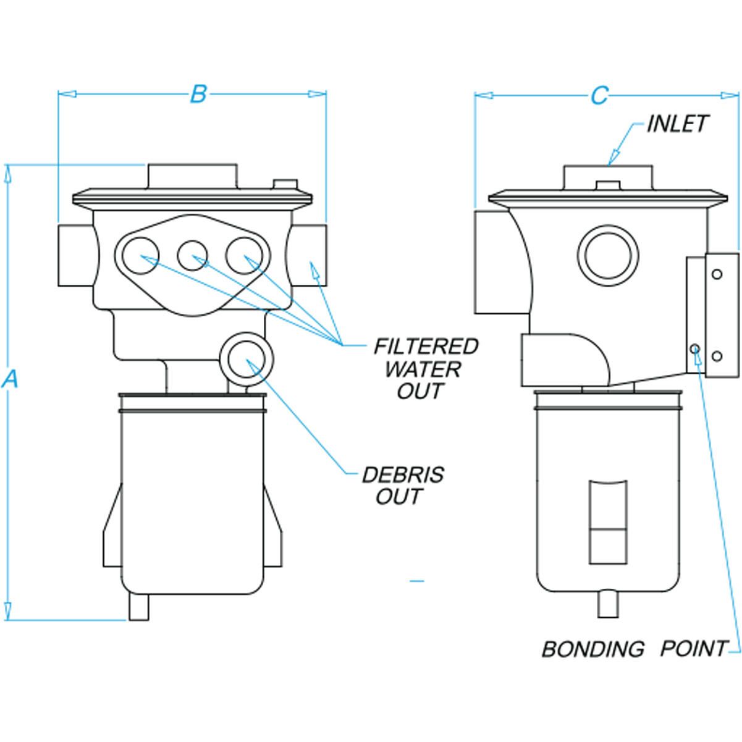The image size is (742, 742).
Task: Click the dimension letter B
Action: pos(198,94)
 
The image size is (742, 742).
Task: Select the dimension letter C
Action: pos(599,95)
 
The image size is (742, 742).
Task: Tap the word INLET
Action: pos(677,124)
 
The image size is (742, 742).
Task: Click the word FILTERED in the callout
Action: pos(426,347)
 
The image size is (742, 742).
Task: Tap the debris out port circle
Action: pos(246,359)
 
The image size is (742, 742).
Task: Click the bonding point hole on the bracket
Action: pos(695,349)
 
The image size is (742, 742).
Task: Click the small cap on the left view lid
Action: pos(285,184)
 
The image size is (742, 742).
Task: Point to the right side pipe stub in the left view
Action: pos(309,256)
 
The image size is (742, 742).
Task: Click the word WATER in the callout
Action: pos(423,369)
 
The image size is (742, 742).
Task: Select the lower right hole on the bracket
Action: pos(717,356)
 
